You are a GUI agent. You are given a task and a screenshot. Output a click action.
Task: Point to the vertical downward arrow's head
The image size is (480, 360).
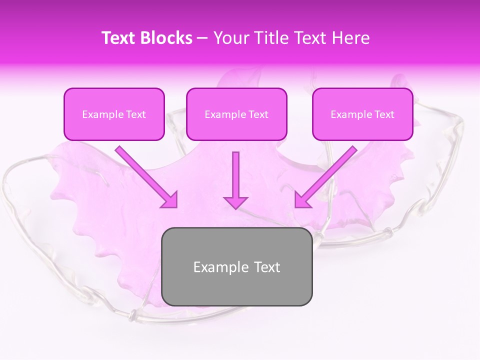point(235,202)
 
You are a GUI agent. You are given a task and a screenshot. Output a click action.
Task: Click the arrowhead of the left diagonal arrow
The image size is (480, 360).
point(170,200)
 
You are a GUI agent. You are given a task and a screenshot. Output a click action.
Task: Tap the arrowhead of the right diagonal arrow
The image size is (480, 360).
point(302,200)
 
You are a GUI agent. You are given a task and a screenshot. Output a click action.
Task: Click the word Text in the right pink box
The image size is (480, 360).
point(384,114)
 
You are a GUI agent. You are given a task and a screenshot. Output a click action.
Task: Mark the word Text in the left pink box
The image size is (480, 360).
point(136,114)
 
